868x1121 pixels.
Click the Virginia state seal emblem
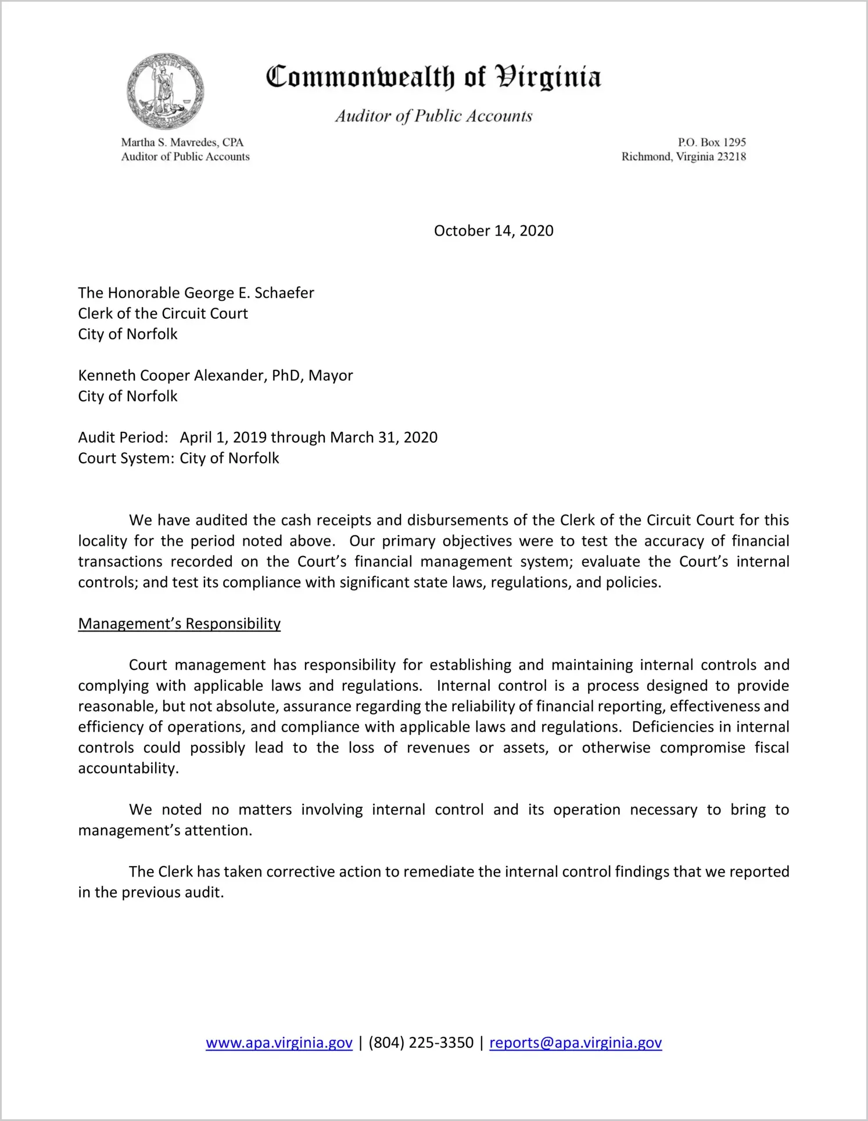point(165,91)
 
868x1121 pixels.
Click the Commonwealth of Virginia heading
point(433,77)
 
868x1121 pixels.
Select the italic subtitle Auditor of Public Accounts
point(433,116)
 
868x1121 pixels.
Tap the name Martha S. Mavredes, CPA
point(182,142)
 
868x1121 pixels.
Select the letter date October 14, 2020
point(493,230)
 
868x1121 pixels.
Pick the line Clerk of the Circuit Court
point(163,313)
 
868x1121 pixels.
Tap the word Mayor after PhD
point(331,376)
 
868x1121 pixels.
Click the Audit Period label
point(123,437)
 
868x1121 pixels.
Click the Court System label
point(125,458)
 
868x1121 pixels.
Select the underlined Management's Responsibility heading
point(179,623)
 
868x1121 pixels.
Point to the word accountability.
point(128,768)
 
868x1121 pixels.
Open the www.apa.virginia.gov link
point(279,1043)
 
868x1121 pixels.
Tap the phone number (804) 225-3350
point(421,1043)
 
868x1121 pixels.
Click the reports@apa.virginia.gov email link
point(575,1043)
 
